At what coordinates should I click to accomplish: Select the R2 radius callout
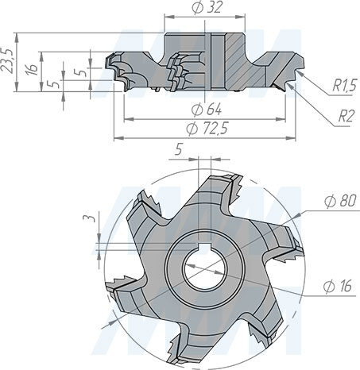[346, 116]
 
